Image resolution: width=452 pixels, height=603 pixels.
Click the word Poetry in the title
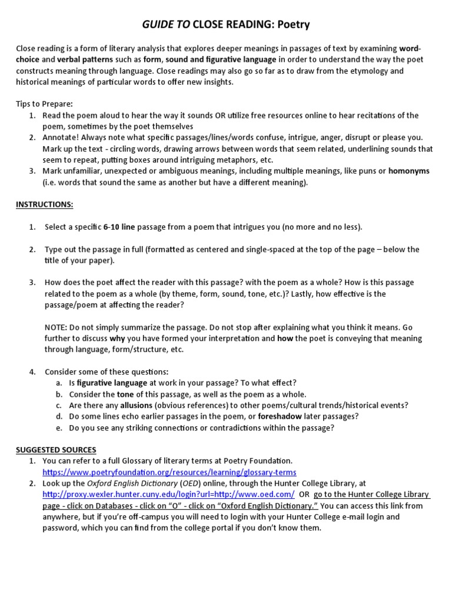point(290,24)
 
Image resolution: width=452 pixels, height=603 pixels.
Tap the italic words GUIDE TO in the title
point(165,24)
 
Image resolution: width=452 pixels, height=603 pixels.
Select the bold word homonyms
point(408,171)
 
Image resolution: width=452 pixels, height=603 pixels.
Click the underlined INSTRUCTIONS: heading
point(44,204)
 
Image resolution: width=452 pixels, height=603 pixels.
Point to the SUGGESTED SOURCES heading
point(56,450)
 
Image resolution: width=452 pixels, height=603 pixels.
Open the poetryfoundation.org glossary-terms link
point(169,472)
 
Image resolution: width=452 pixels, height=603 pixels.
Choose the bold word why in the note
point(117,338)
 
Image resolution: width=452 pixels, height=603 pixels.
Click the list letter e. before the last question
point(59,428)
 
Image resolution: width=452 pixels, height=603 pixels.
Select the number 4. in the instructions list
point(33,372)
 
